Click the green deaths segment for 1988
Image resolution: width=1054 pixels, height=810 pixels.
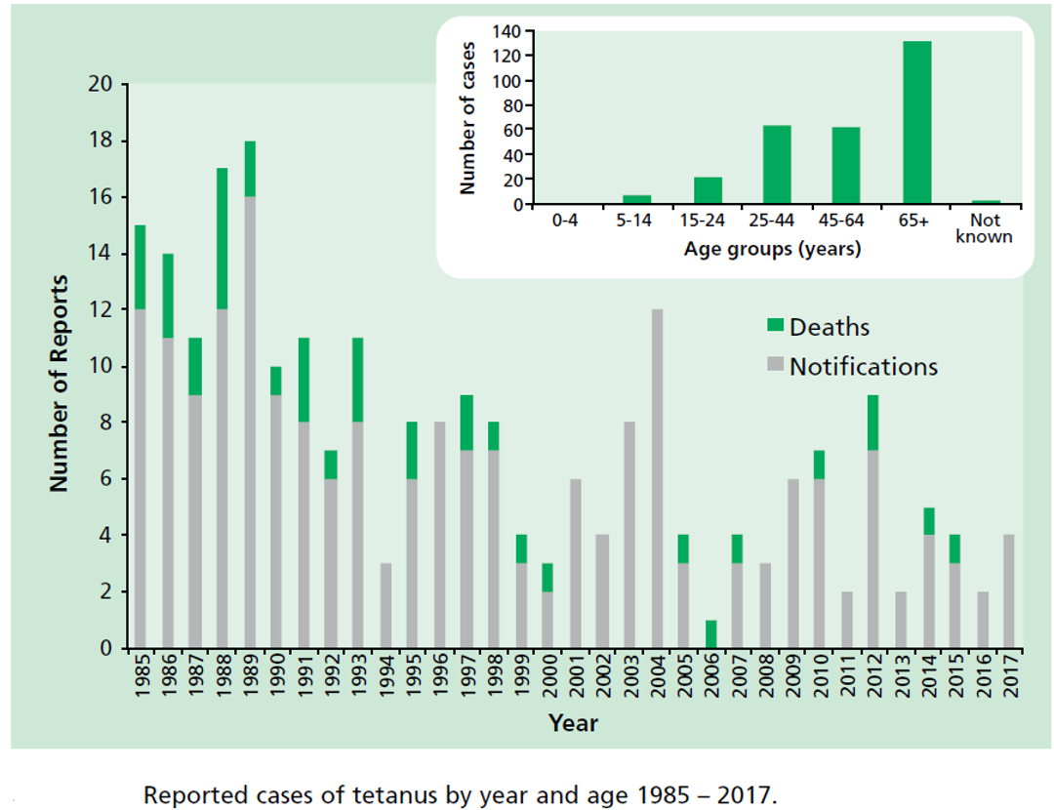[x=223, y=239]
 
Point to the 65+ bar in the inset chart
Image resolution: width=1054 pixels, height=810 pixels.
[x=916, y=123]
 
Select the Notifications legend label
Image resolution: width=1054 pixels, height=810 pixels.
[x=863, y=367]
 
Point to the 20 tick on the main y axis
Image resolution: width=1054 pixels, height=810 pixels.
[x=101, y=85]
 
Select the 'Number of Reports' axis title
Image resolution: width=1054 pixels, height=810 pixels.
[x=60, y=383]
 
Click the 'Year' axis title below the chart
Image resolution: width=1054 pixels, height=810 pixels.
[x=573, y=723]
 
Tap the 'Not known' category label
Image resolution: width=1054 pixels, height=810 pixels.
[x=985, y=229]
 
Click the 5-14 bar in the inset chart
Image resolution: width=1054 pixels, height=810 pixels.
[x=636, y=200]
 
